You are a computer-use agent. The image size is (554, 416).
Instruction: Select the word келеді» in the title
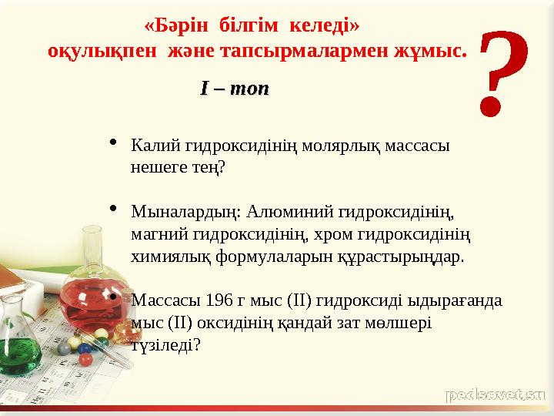coord(328,26)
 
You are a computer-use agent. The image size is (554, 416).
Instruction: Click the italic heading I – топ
coord(235,89)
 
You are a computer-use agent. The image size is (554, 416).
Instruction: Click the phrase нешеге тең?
coord(179,166)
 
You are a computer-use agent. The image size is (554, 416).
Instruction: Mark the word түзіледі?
coord(166,344)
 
